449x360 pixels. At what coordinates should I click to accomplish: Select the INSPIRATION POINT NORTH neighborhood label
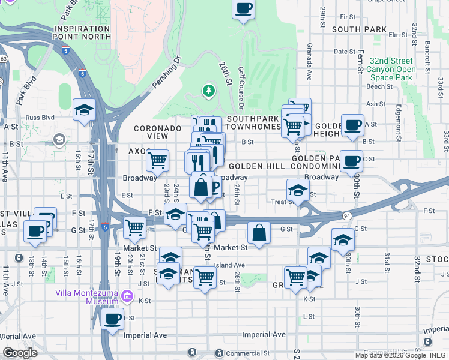coord(83,32)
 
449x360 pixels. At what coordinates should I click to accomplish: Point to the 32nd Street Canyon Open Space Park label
coord(391,69)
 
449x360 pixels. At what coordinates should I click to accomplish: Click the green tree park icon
coord(209,91)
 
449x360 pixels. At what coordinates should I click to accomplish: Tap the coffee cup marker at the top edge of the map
coord(243,8)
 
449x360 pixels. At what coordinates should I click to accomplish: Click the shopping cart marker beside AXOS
coord(157,160)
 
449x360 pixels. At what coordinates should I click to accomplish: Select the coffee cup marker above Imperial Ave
coord(112,319)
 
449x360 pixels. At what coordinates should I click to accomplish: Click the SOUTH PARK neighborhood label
coord(359,29)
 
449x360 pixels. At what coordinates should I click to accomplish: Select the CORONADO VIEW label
coord(157,132)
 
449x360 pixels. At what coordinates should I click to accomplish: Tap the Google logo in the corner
coord(19,353)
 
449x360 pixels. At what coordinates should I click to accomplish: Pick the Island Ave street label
coord(231,265)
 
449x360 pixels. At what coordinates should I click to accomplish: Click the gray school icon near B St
coord(59,140)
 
